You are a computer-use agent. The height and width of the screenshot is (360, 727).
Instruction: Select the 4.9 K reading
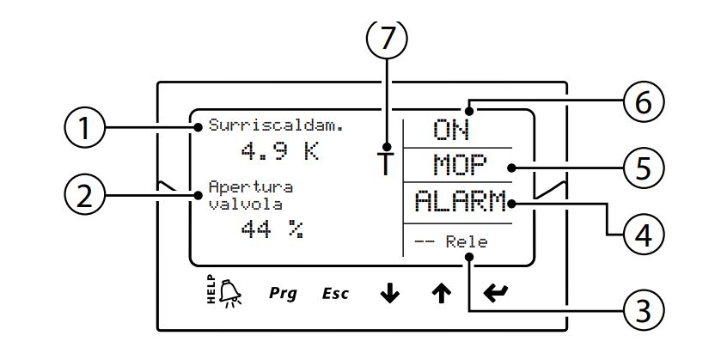280,153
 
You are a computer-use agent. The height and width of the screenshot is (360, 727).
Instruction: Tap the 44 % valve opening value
273,229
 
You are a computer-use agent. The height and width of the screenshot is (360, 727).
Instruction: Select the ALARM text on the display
461,203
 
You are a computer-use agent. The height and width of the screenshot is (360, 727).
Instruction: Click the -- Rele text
450,242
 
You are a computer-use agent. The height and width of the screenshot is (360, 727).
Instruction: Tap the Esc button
335,294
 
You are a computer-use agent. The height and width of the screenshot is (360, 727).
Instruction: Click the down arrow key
390,293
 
